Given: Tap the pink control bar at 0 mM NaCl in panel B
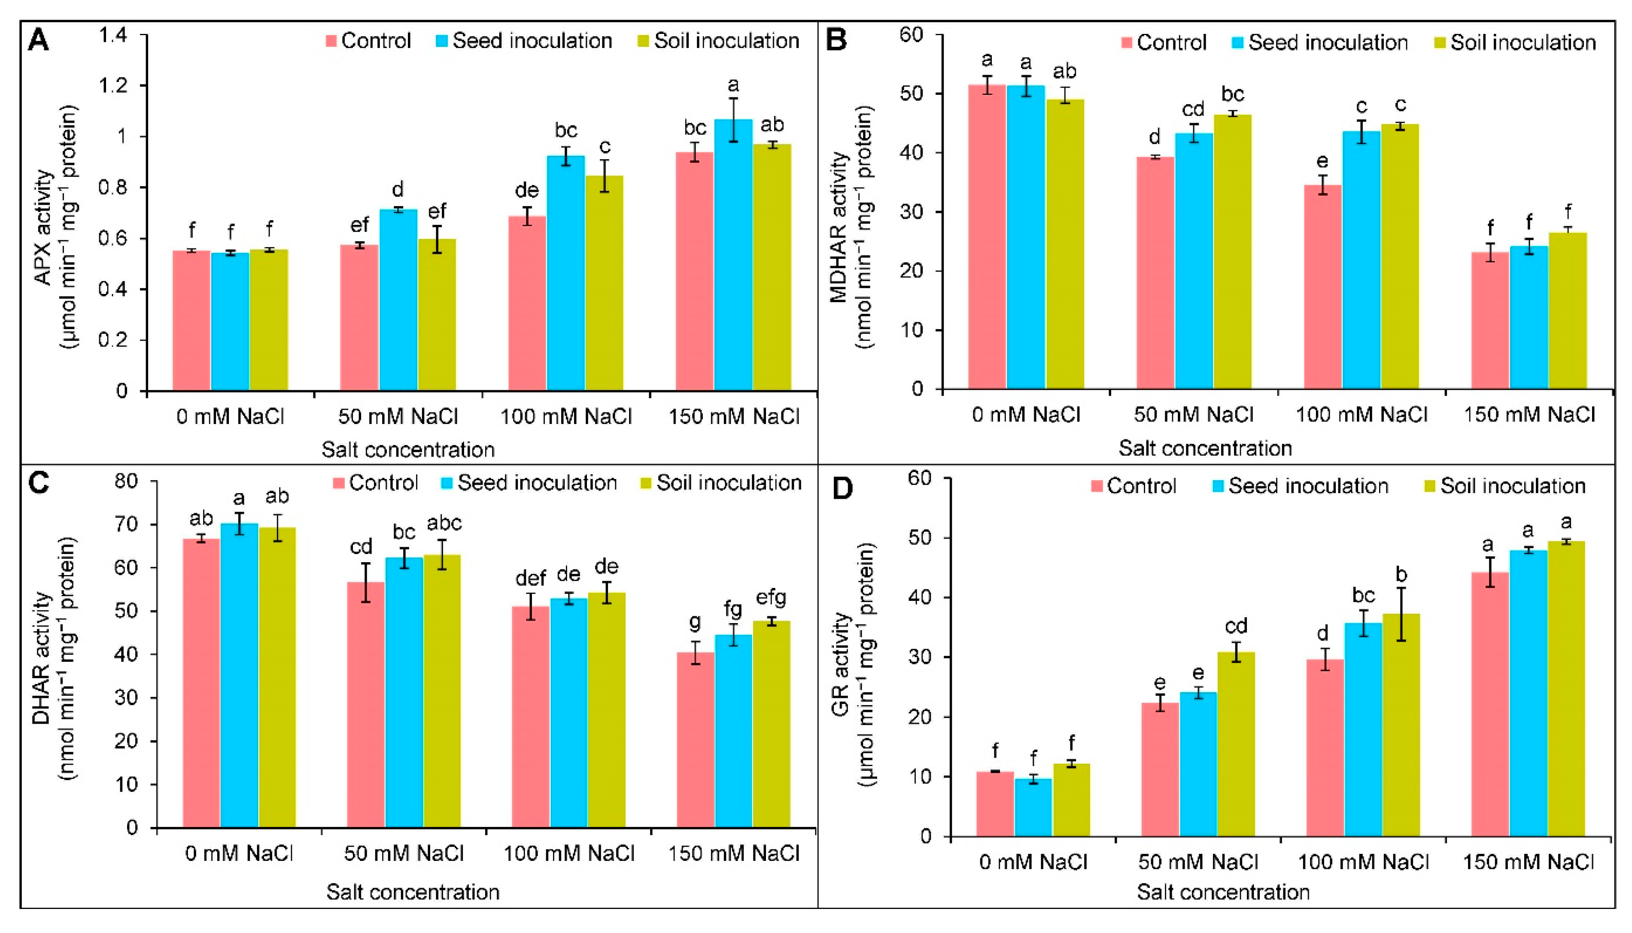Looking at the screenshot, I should click(x=987, y=237).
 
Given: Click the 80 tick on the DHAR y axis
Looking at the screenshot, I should click(x=126, y=481).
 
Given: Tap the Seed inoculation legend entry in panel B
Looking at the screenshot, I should click(x=1320, y=43).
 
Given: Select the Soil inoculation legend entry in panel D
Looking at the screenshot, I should click(x=1504, y=486).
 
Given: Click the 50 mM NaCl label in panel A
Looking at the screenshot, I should click(x=398, y=417).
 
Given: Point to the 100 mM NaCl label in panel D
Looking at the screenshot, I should click(x=1363, y=862).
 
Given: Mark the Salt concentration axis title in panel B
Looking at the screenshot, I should click(x=1205, y=448).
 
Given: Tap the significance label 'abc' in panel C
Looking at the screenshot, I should click(x=444, y=524).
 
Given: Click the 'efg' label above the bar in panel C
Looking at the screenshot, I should click(x=771, y=599).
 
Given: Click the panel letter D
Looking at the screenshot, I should click(x=842, y=489).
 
